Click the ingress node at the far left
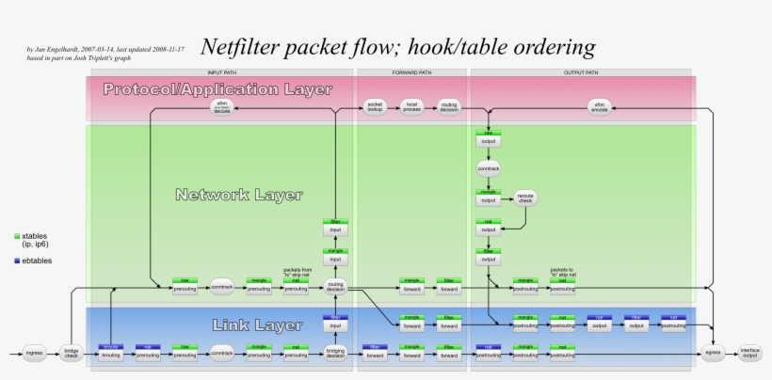click(34, 355)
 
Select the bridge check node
click(72, 355)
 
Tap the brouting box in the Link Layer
click(111, 356)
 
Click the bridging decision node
click(334, 355)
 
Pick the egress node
click(713, 355)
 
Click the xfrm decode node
click(221, 107)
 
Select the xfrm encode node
click(600, 107)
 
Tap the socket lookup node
click(375, 107)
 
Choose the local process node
click(411, 107)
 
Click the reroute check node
click(525, 198)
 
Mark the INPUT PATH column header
click(221, 72)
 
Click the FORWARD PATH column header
click(411, 72)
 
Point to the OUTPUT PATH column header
click(581, 72)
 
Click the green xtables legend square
click(17, 236)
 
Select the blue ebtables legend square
click(17, 260)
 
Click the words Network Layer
click(238, 196)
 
